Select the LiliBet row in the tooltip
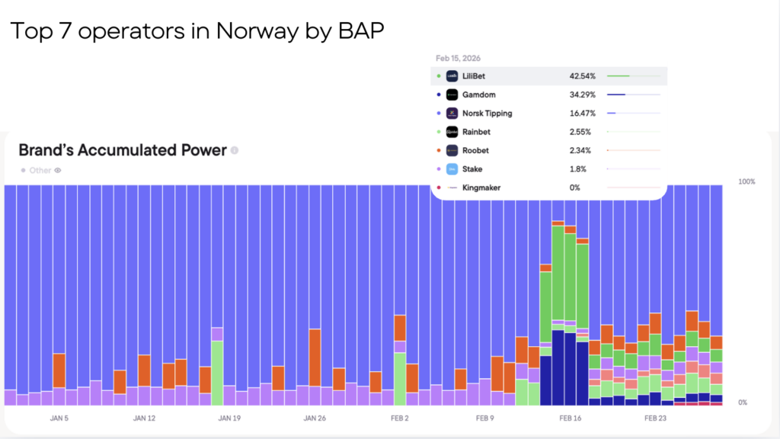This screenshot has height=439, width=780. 548,76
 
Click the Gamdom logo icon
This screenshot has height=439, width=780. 452,95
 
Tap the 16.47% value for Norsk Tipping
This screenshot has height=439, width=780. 582,114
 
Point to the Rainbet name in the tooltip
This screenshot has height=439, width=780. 476,132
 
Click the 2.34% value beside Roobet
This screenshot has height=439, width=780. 582,150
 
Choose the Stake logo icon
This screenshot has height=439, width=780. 452,169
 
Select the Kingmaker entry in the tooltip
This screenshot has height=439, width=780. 481,187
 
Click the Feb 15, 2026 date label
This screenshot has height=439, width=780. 458,58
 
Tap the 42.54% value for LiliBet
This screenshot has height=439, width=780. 582,76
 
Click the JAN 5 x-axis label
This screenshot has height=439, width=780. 59,418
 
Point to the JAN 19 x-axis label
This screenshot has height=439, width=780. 229,418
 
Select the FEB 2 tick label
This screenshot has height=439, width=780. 400,418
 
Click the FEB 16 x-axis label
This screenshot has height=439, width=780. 571,418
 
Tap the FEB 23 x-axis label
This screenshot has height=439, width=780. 655,418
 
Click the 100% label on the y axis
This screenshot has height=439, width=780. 746,181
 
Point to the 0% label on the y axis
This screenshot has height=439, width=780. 743,402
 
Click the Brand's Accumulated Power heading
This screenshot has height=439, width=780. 122,150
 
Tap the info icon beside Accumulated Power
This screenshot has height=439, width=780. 235,151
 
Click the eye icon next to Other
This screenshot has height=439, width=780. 57,171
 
